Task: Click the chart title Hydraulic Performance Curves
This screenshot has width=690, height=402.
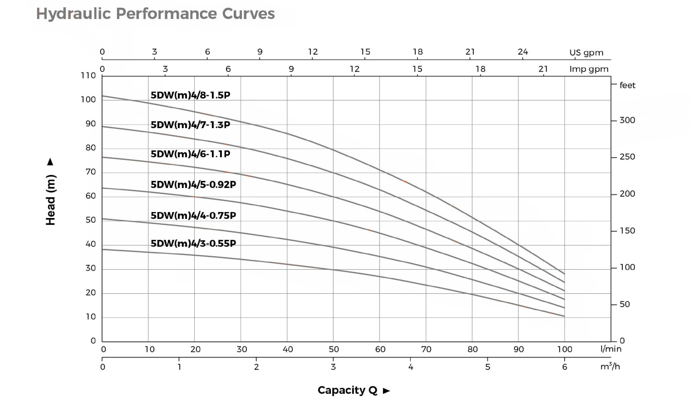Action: coord(155,14)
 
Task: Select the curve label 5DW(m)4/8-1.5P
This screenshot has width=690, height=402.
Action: coord(190,95)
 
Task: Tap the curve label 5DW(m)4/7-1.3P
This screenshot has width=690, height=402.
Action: coord(190,125)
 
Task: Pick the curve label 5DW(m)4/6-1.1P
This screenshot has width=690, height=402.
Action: coord(190,154)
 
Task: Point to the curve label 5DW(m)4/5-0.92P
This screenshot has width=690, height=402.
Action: coord(193,185)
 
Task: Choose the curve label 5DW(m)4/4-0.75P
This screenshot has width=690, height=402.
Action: coord(193,216)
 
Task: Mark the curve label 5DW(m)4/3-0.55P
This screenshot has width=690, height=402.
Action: coord(193,244)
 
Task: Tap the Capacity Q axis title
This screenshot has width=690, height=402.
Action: coord(347,390)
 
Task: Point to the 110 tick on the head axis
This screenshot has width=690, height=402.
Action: coord(88,75)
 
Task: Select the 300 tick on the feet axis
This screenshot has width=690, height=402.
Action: coord(627,120)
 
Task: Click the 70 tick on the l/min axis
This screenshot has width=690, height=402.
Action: coord(426,349)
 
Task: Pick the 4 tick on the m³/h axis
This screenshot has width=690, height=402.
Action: coord(410,367)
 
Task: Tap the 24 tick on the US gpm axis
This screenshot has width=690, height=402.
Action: coord(523,52)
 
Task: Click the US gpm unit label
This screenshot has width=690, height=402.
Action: coord(586,53)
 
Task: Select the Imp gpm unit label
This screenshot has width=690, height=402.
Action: coord(589,69)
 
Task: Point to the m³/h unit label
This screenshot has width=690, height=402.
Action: coord(610,366)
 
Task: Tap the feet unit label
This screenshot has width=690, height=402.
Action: coord(627,85)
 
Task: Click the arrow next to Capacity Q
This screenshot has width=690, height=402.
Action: coord(386,391)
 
